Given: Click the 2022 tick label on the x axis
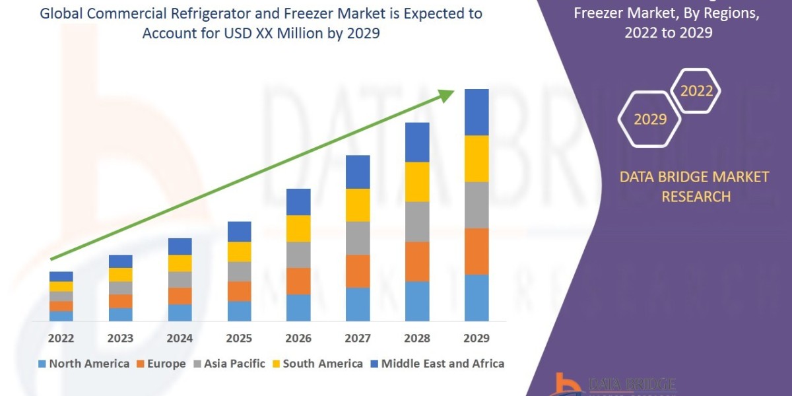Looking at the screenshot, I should tap(61, 339).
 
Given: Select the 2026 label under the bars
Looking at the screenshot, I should tap(298, 339).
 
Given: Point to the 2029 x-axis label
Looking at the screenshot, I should tap(477, 339).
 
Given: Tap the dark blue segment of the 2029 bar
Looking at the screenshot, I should tap(477, 112).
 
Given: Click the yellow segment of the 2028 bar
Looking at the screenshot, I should tap(417, 181).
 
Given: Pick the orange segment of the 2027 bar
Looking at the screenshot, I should tap(358, 271).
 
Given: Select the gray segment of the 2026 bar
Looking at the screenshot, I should tap(298, 254).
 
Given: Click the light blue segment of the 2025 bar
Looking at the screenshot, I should tap(239, 311).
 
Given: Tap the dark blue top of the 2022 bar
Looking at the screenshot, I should tap(61, 276).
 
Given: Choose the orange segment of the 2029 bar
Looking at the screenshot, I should tap(477, 251).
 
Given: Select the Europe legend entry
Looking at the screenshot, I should tap(162, 364).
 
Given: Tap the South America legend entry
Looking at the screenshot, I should tap(317, 364).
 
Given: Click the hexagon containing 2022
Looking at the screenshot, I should tap(696, 91).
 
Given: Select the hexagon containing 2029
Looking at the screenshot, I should tap(649, 119).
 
